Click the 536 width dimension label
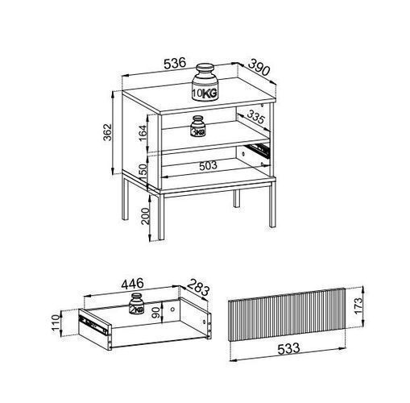(175, 63)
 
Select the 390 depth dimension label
(259, 67)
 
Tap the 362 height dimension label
(108, 132)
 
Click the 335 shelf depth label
(256, 117)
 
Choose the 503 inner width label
(208, 165)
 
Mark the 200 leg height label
(145, 216)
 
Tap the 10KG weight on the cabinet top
(205, 82)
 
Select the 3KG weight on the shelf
(198, 127)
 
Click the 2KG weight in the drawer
(137, 304)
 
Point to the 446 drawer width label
(133, 284)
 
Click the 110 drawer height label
(56, 323)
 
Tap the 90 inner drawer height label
(155, 313)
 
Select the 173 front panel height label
(358, 305)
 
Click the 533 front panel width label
(288, 349)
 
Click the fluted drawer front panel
(287, 314)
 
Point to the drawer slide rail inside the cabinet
(259, 150)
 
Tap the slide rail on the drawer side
(93, 324)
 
